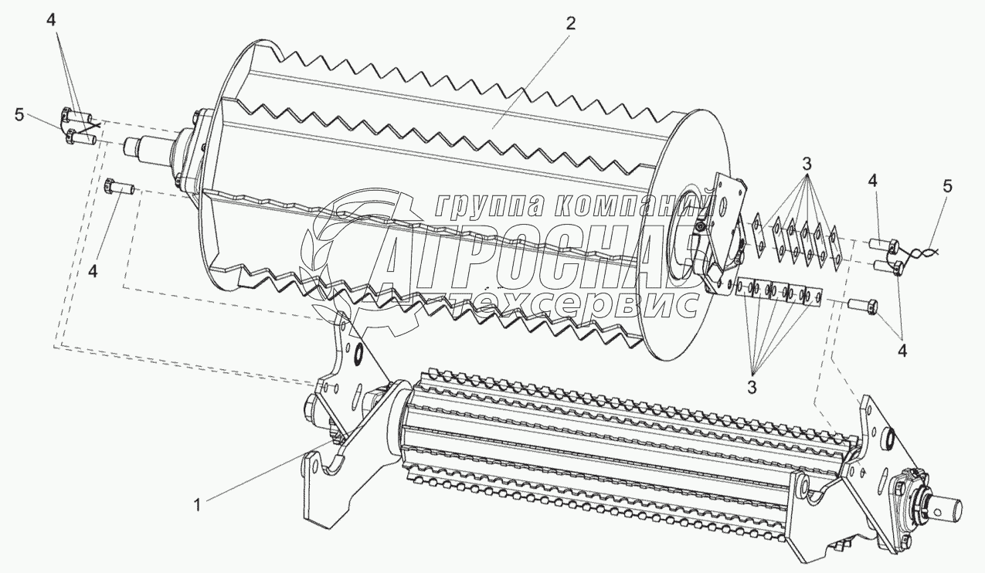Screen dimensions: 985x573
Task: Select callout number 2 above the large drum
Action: pyautogui.click(x=570, y=24)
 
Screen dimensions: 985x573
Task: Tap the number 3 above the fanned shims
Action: pyautogui.click(x=806, y=164)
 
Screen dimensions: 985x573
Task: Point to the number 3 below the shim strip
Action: pyautogui.click(x=753, y=383)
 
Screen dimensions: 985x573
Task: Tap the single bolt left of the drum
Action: pyautogui.click(x=118, y=188)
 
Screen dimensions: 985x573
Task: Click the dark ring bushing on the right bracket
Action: pyautogui.click(x=887, y=439)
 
